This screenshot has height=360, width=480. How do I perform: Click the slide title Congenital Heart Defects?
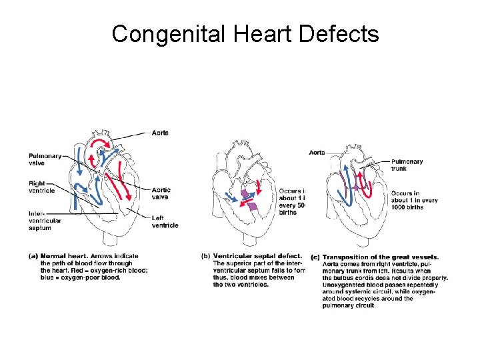[x=245, y=33]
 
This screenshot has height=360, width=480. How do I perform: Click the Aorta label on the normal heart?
[x=160, y=133]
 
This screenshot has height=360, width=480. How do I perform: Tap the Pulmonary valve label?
[x=45, y=159]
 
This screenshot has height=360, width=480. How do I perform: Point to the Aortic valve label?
[x=161, y=193]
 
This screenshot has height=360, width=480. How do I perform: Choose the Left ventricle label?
[x=165, y=221]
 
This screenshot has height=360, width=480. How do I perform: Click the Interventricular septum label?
[x=45, y=221]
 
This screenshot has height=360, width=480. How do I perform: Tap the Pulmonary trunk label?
[x=407, y=165]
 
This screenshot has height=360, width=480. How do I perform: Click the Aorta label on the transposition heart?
[x=317, y=153]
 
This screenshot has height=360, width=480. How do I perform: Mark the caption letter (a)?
[x=33, y=256]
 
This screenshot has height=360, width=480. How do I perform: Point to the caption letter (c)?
[x=315, y=257]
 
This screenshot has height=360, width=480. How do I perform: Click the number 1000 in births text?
[x=399, y=207]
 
